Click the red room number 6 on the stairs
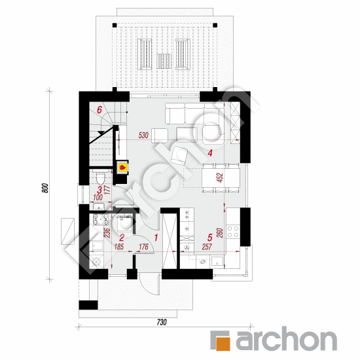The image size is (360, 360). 99,110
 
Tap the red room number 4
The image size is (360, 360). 210,153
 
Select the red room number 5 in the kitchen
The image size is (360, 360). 210,238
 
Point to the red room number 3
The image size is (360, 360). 99,190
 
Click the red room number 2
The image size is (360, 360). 122,238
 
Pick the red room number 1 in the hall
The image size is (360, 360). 156,238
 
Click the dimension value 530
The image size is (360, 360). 143,135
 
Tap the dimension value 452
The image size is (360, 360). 220,177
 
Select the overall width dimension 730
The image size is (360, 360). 162,322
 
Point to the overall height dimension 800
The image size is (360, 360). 46,188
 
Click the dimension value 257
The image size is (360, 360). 207,247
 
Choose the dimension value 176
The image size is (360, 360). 144,247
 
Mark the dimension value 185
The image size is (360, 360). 119,247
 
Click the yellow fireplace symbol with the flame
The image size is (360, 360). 122,167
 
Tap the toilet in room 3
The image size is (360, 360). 100,178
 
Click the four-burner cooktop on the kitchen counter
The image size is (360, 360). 233,232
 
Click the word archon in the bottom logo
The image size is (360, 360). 287,338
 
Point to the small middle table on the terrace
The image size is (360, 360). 164,61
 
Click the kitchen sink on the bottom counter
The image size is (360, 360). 217,261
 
